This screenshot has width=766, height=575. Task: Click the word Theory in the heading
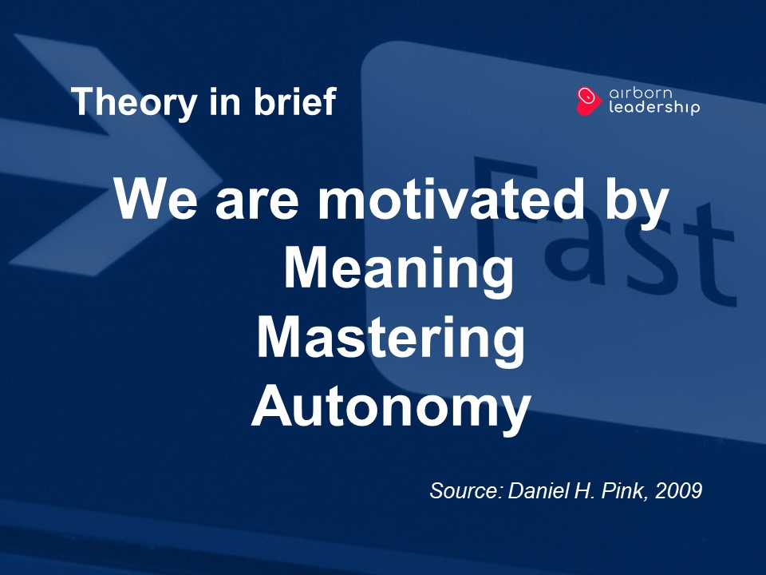tap(134, 102)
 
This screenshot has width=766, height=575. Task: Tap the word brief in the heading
tap(295, 101)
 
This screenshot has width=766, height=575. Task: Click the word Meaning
tap(399, 269)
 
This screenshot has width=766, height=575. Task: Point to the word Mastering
tap(391, 339)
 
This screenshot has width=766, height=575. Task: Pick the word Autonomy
tap(391, 408)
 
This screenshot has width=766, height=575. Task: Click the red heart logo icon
tap(588, 101)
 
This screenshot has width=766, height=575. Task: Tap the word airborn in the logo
tap(641, 93)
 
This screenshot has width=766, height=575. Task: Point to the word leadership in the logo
tap(654, 107)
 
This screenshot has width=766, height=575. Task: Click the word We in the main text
tap(156, 199)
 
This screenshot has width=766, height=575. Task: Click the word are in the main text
tap(257, 204)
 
